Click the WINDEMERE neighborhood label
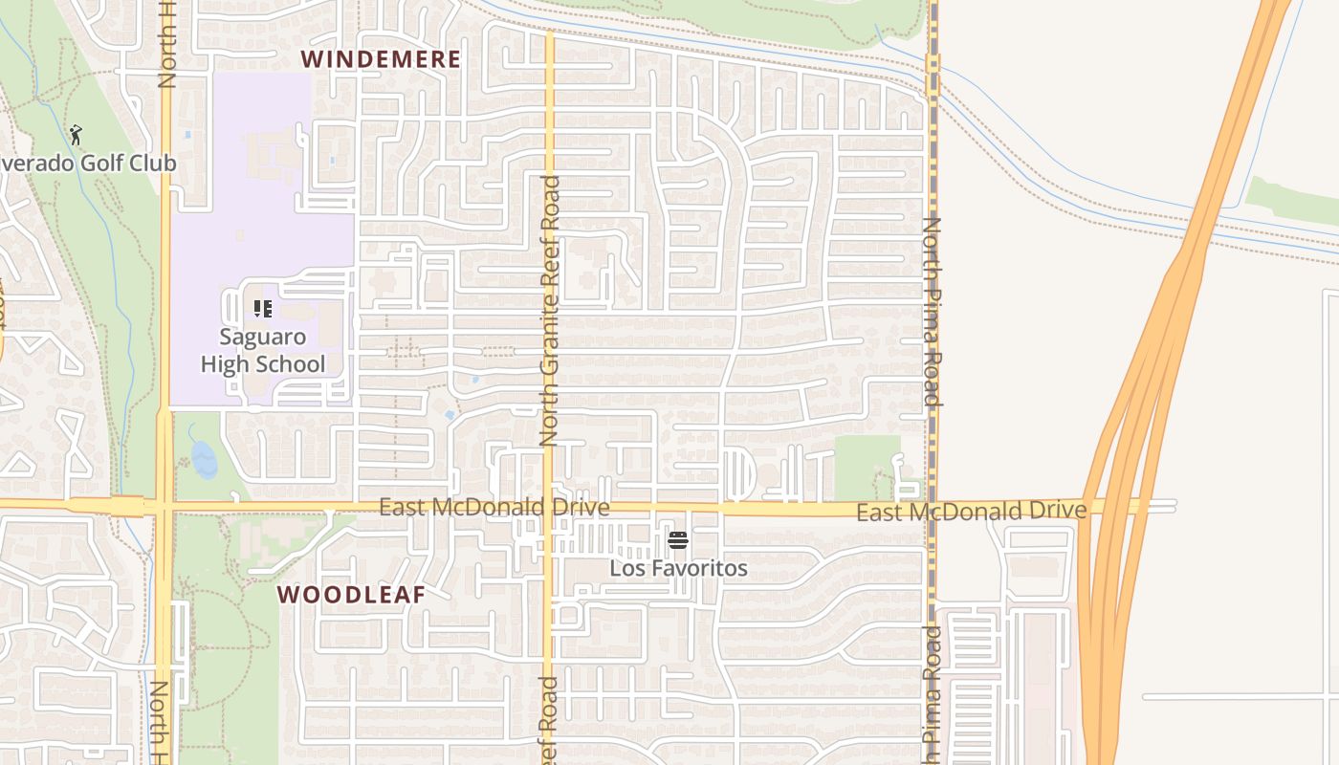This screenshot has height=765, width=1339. pyautogui.click(x=381, y=59)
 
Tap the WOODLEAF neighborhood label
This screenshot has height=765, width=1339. pyautogui.click(x=351, y=595)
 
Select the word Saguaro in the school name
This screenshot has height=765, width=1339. pyautogui.click(x=263, y=337)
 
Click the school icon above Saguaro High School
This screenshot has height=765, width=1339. pyautogui.click(x=263, y=309)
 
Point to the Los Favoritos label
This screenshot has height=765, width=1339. pyautogui.click(x=678, y=568)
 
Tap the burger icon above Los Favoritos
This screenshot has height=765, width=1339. pyautogui.click(x=678, y=541)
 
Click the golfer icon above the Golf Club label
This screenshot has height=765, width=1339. pyautogui.click(x=77, y=136)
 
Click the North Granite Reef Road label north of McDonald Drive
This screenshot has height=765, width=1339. pyautogui.click(x=549, y=311)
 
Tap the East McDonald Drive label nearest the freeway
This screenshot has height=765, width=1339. pyautogui.click(x=971, y=512)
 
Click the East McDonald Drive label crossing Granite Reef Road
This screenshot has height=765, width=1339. pyautogui.click(x=494, y=507)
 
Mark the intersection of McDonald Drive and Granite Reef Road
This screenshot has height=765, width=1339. pyautogui.click(x=549, y=507)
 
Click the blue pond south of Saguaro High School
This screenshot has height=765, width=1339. pyautogui.click(x=204, y=459)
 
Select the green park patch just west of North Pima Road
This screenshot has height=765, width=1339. pyautogui.click(x=867, y=466)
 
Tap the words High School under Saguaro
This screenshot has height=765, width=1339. pyautogui.click(x=263, y=364)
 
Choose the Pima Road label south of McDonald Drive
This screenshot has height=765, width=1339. pyautogui.click(x=932, y=693)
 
